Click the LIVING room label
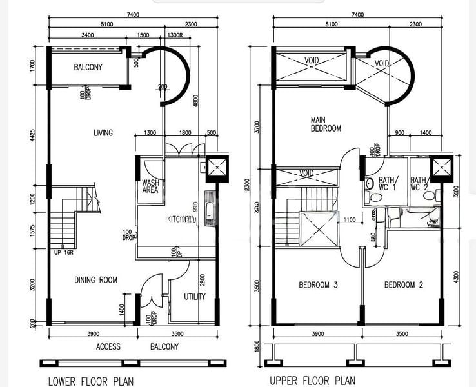coord(103,133)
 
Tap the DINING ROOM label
coord(95,280)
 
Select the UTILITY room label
coord(194,297)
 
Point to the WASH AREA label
coord(151,187)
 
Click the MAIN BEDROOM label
coord(326,124)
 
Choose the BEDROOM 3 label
coord(318,284)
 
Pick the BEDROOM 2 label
coord(403,284)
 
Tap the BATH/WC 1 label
coord(388,184)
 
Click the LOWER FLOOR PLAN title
coord(90,381)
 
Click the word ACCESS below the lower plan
coord(108,346)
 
